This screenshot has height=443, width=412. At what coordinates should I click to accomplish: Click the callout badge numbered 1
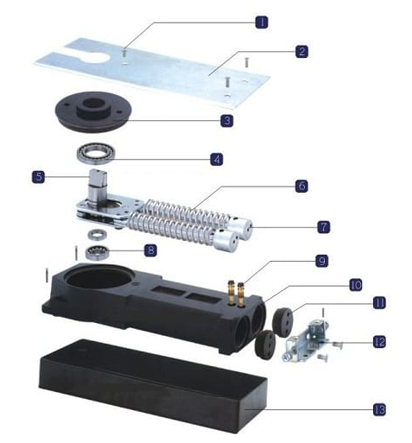[262, 22]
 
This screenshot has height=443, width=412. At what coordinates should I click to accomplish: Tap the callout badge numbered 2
[301, 52]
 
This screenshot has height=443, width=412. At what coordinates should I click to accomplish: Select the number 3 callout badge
[227, 120]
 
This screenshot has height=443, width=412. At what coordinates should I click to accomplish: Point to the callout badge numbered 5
[38, 176]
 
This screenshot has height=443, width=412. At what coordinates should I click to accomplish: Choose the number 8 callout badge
[150, 250]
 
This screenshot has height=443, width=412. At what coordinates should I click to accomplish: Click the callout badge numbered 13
[379, 409]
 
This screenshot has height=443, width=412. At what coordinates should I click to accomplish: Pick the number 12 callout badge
[379, 342]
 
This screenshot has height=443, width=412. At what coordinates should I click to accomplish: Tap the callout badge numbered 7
[324, 227]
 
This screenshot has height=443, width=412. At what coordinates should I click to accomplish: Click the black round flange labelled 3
[93, 111]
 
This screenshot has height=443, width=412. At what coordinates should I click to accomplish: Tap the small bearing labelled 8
[98, 252]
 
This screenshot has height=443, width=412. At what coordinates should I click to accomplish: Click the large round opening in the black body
[97, 277]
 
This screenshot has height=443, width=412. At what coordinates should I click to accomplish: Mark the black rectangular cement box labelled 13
[153, 386]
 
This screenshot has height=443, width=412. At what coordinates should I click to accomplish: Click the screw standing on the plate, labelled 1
[124, 56]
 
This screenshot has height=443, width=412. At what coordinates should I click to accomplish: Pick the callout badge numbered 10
[356, 285]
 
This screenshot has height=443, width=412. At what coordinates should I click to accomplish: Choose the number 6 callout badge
[301, 186]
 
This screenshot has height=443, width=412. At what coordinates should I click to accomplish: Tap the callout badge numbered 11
[379, 302]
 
